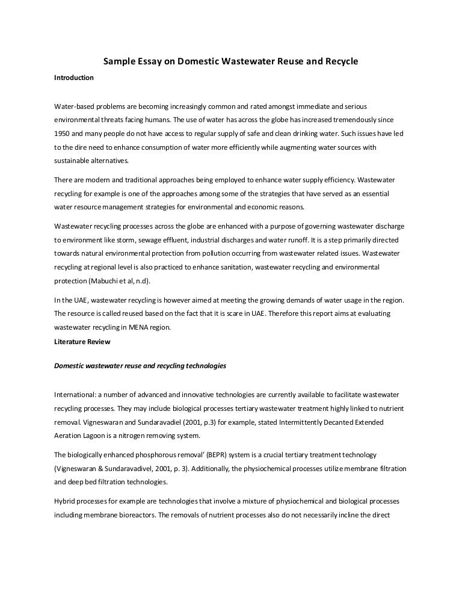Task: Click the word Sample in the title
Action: [x=119, y=61]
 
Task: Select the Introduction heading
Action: [x=74, y=78]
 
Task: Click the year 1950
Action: [x=64, y=134]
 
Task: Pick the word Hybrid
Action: [x=65, y=501]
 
